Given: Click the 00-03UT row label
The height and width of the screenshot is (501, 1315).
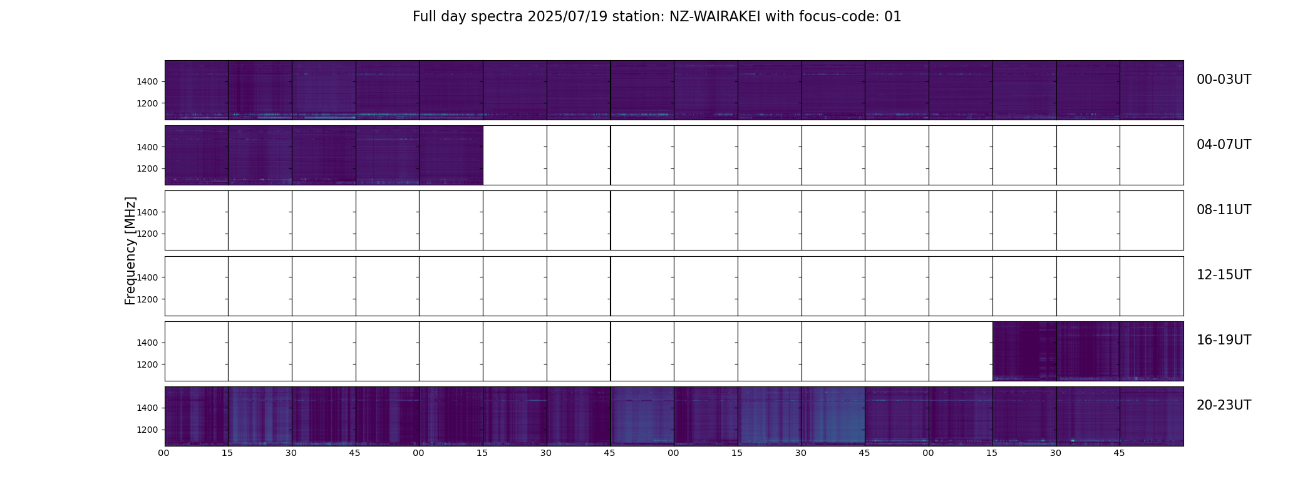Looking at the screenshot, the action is [1224, 80].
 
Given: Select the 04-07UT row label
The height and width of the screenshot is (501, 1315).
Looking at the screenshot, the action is [1224, 145].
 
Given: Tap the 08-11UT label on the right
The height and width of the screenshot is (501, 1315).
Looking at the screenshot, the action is [1224, 210].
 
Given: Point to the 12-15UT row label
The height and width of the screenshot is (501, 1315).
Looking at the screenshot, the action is [1224, 275].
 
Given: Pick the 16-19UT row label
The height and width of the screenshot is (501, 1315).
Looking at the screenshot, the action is [1224, 340].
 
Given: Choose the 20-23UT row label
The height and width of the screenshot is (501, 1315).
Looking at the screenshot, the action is [1224, 405].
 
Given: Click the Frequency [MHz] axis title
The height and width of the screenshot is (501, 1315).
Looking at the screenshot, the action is [130, 250].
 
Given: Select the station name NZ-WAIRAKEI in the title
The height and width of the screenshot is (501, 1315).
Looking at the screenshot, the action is [714, 17].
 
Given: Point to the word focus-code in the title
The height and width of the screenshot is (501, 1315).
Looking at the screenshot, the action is [837, 17].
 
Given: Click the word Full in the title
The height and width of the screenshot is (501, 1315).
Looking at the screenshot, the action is [423, 17].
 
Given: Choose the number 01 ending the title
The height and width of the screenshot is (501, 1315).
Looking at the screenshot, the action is [893, 17].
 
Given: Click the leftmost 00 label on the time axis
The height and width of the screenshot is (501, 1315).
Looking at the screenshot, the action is [164, 453].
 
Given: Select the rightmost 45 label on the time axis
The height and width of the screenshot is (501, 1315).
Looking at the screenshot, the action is [1120, 453].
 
